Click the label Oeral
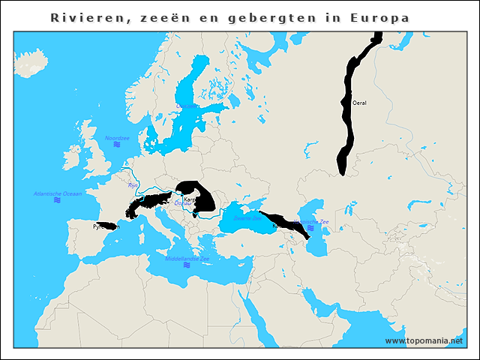[x=359, y=103]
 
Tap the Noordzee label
[x=117, y=138]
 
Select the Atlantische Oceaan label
[x=58, y=193]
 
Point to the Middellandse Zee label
[x=187, y=258]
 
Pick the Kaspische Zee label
[x=310, y=222]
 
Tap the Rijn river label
[x=133, y=184]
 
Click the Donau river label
[x=183, y=203]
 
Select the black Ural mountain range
[x=349, y=112]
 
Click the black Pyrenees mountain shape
[x=107, y=225]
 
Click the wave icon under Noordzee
[x=117, y=145]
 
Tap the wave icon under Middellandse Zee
[x=187, y=265]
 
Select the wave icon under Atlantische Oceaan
[x=58, y=201]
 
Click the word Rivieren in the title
[x=80, y=16]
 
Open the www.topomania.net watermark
[x=424, y=340]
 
